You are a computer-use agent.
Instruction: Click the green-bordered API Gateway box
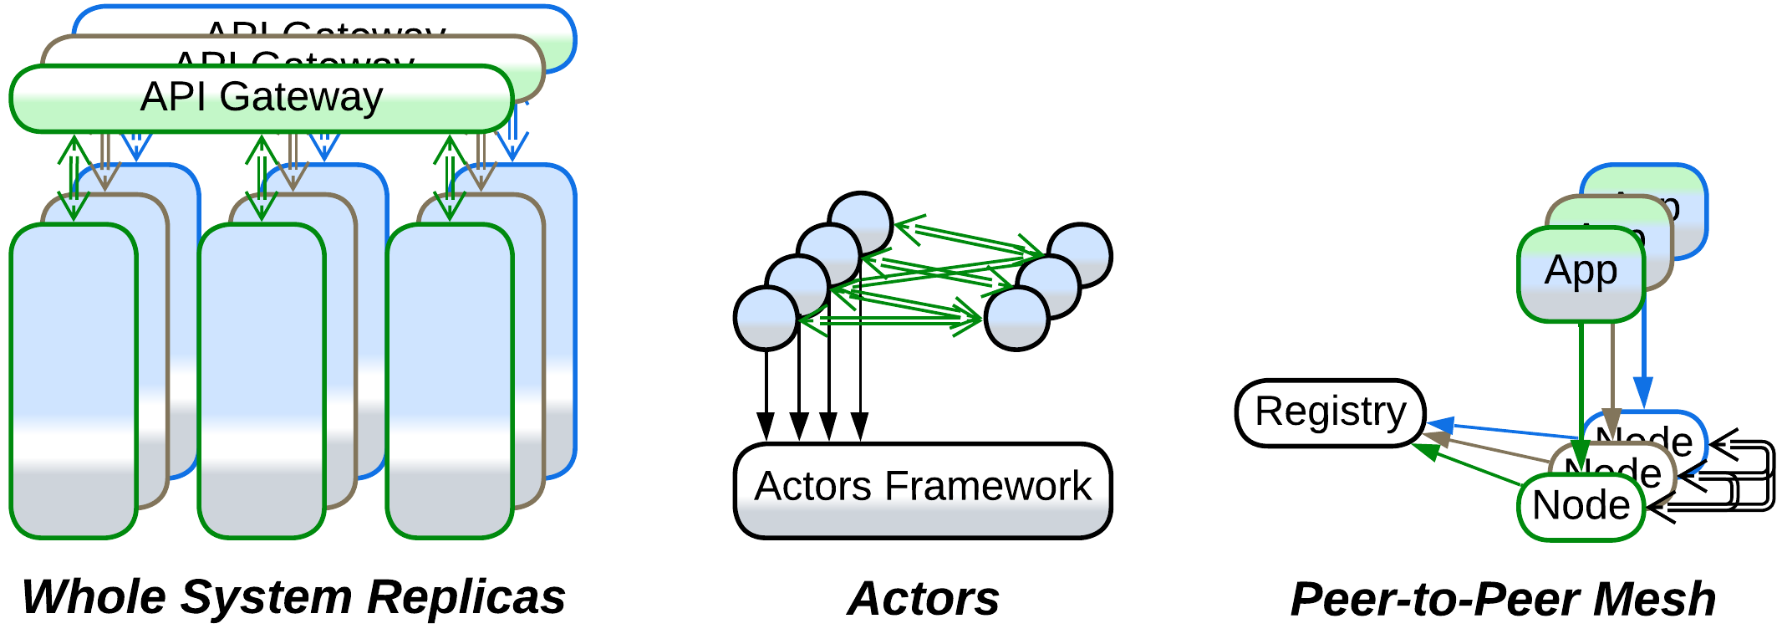(261, 99)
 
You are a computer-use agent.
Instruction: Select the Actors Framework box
(923, 490)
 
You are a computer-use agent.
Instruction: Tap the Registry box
(1331, 412)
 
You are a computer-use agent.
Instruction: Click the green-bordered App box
(1581, 274)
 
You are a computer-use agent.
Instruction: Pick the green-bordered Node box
(1581, 507)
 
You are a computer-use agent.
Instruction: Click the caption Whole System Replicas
(293, 597)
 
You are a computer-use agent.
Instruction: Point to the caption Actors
(924, 599)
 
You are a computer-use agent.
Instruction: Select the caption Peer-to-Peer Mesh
(1503, 599)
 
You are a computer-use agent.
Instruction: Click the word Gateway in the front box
(301, 97)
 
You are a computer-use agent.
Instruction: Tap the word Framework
(988, 486)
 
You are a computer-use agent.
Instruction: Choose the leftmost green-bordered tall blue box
(74, 381)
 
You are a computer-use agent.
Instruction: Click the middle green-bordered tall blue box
(262, 381)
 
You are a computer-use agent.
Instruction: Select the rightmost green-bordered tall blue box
(450, 381)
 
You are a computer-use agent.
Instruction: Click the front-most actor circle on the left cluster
(766, 319)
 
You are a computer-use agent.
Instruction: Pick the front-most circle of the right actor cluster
(1016, 319)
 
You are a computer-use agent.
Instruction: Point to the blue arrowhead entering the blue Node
(1643, 393)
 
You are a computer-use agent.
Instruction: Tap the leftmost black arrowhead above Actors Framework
(766, 426)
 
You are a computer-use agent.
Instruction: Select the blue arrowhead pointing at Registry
(1440, 426)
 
